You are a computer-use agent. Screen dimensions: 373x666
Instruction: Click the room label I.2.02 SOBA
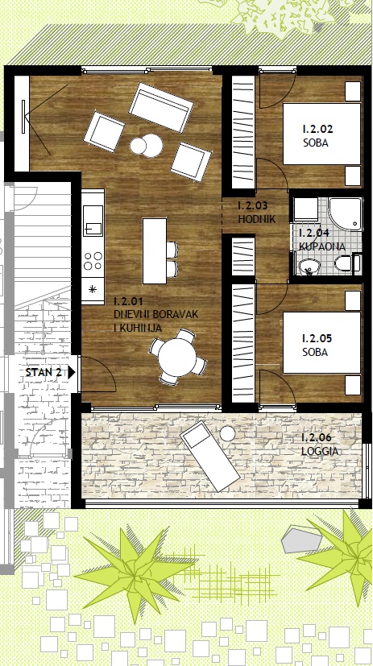317,135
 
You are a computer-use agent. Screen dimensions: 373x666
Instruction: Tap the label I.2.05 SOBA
317,345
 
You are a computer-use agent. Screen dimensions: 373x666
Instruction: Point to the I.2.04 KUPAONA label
322,239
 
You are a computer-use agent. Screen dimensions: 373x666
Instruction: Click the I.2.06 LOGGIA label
320,445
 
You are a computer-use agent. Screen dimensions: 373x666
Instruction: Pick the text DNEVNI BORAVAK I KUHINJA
156,315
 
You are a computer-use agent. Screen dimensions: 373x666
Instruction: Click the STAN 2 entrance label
44,373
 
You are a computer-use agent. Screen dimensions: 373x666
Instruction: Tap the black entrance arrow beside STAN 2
72,373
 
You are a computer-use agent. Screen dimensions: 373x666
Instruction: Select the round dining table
177,357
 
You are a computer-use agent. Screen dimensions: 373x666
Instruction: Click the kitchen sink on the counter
93,221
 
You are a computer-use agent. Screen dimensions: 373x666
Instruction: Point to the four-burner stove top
93,261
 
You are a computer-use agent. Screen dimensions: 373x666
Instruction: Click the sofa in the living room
160,107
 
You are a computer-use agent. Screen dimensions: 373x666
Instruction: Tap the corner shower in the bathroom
345,213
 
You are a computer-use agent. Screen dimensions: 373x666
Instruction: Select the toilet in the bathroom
347,263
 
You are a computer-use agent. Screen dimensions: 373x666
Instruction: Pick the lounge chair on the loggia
209,457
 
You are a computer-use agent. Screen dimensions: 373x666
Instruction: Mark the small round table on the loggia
228,433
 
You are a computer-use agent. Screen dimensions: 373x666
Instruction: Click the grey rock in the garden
301,539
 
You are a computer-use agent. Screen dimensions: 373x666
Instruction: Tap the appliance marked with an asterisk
93,291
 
